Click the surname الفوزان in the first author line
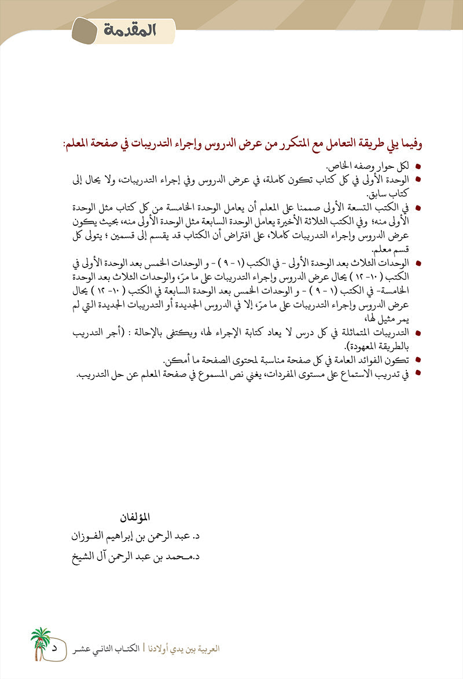[87, 535]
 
